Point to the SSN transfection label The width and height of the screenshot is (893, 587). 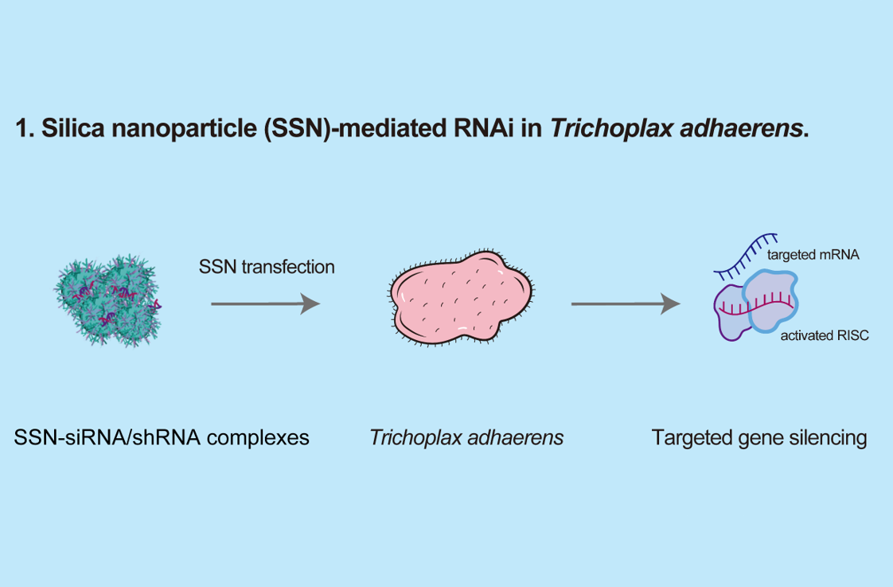coord(267,266)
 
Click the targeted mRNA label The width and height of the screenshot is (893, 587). coord(813,256)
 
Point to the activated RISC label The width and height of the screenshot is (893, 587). coord(825,336)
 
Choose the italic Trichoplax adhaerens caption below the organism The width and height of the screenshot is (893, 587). coord(466,437)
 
